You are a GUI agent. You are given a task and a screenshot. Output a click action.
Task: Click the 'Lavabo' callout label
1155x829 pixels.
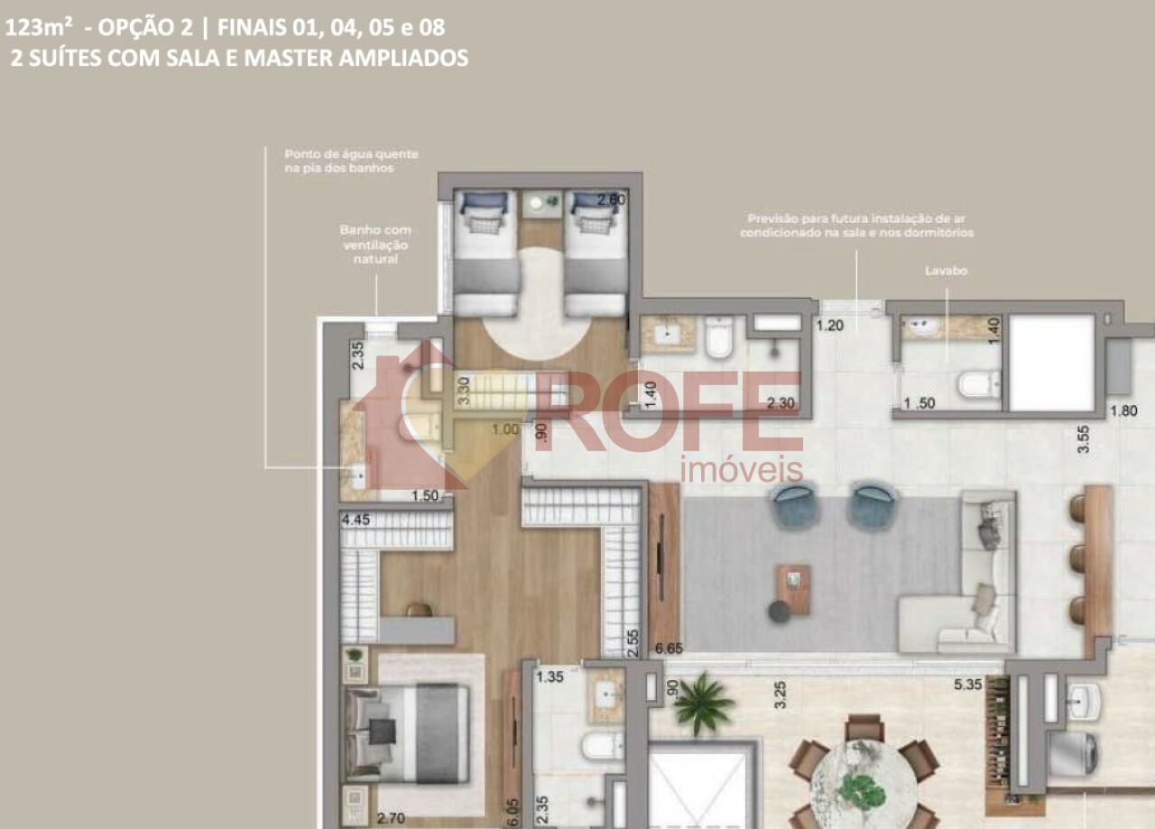(x=946, y=271)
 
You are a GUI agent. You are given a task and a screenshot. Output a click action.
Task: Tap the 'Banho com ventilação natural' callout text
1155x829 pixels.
(x=375, y=244)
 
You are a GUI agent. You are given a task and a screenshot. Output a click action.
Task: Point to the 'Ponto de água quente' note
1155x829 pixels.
(x=351, y=161)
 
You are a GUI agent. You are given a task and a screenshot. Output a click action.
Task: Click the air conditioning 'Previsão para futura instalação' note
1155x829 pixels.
(x=856, y=226)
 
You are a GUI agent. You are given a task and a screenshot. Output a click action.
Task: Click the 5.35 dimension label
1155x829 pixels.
(x=969, y=686)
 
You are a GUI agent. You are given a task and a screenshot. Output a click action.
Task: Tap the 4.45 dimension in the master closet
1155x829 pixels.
(x=356, y=520)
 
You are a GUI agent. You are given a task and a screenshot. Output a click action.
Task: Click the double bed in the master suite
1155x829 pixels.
(x=408, y=732)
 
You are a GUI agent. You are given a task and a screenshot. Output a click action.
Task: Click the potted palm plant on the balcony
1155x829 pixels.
(x=703, y=703)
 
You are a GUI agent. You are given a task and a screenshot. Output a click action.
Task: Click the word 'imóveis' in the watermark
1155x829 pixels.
(x=741, y=469)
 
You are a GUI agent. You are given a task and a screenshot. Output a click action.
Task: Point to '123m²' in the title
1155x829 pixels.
(x=40, y=28)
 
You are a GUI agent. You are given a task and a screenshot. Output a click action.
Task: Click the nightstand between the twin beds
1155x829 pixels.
(x=541, y=203)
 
